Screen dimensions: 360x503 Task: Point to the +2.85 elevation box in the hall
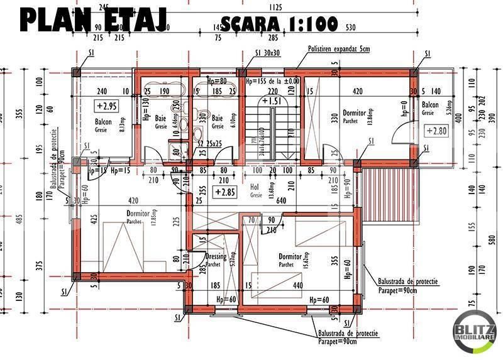coord(224,192)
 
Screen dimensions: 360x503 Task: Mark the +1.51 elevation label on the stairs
coord(272,101)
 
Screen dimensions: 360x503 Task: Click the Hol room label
coord(256,187)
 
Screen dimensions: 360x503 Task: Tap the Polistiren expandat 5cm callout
coord(338,48)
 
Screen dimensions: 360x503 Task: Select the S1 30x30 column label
coord(267,53)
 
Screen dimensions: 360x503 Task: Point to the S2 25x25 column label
coord(209,144)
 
